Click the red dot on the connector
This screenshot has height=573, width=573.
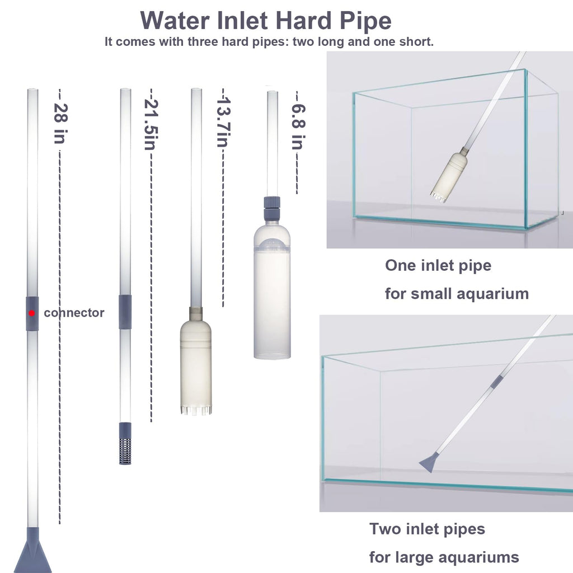[32, 313]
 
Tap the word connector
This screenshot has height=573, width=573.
[74, 313]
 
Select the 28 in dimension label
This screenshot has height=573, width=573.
[60, 124]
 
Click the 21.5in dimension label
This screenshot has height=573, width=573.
[151, 125]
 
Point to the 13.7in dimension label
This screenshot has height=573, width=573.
[223, 122]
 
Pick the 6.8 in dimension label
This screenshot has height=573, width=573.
[298, 127]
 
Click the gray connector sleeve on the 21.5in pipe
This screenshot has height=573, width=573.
[125, 312]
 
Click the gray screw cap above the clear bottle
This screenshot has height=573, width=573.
[273, 207]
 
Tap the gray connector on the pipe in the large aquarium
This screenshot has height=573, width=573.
[497, 382]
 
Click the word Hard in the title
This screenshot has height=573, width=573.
[304, 21]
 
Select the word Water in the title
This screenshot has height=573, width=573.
[175, 21]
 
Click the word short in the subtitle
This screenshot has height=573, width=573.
[416, 41]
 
